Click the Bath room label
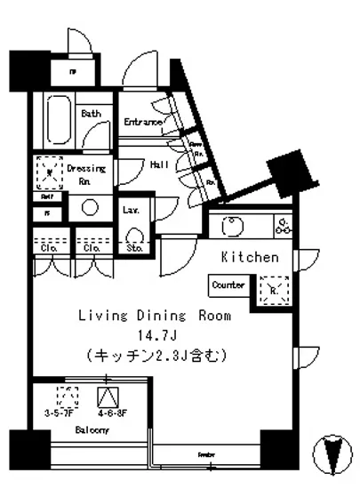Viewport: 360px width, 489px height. click(x=91, y=114)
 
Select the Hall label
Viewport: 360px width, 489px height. click(x=160, y=164)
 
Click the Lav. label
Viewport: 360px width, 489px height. click(x=129, y=211)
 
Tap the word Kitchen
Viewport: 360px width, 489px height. click(x=250, y=257)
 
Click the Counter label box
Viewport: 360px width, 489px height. click(x=228, y=285)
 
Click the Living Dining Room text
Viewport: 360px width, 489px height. click(x=155, y=316)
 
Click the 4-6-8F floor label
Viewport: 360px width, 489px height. click(x=108, y=412)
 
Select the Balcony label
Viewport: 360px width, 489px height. click(x=91, y=431)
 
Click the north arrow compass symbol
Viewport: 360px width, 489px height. click(x=331, y=452)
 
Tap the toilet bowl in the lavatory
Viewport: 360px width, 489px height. click(x=135, y=236)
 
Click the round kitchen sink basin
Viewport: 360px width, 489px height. click(x=228, y=228)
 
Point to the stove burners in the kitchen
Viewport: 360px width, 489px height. click(x=283, y=225)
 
